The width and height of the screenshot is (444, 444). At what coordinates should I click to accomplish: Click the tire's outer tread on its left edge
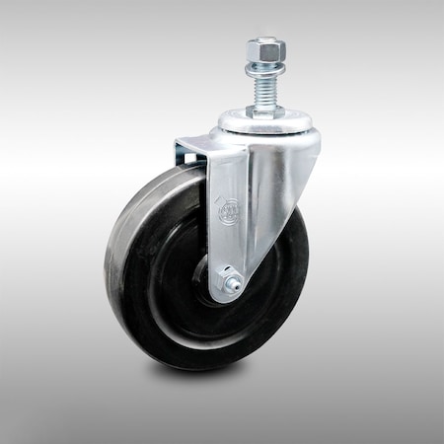[111, 266]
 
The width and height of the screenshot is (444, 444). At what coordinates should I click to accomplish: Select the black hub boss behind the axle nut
[212, 286]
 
